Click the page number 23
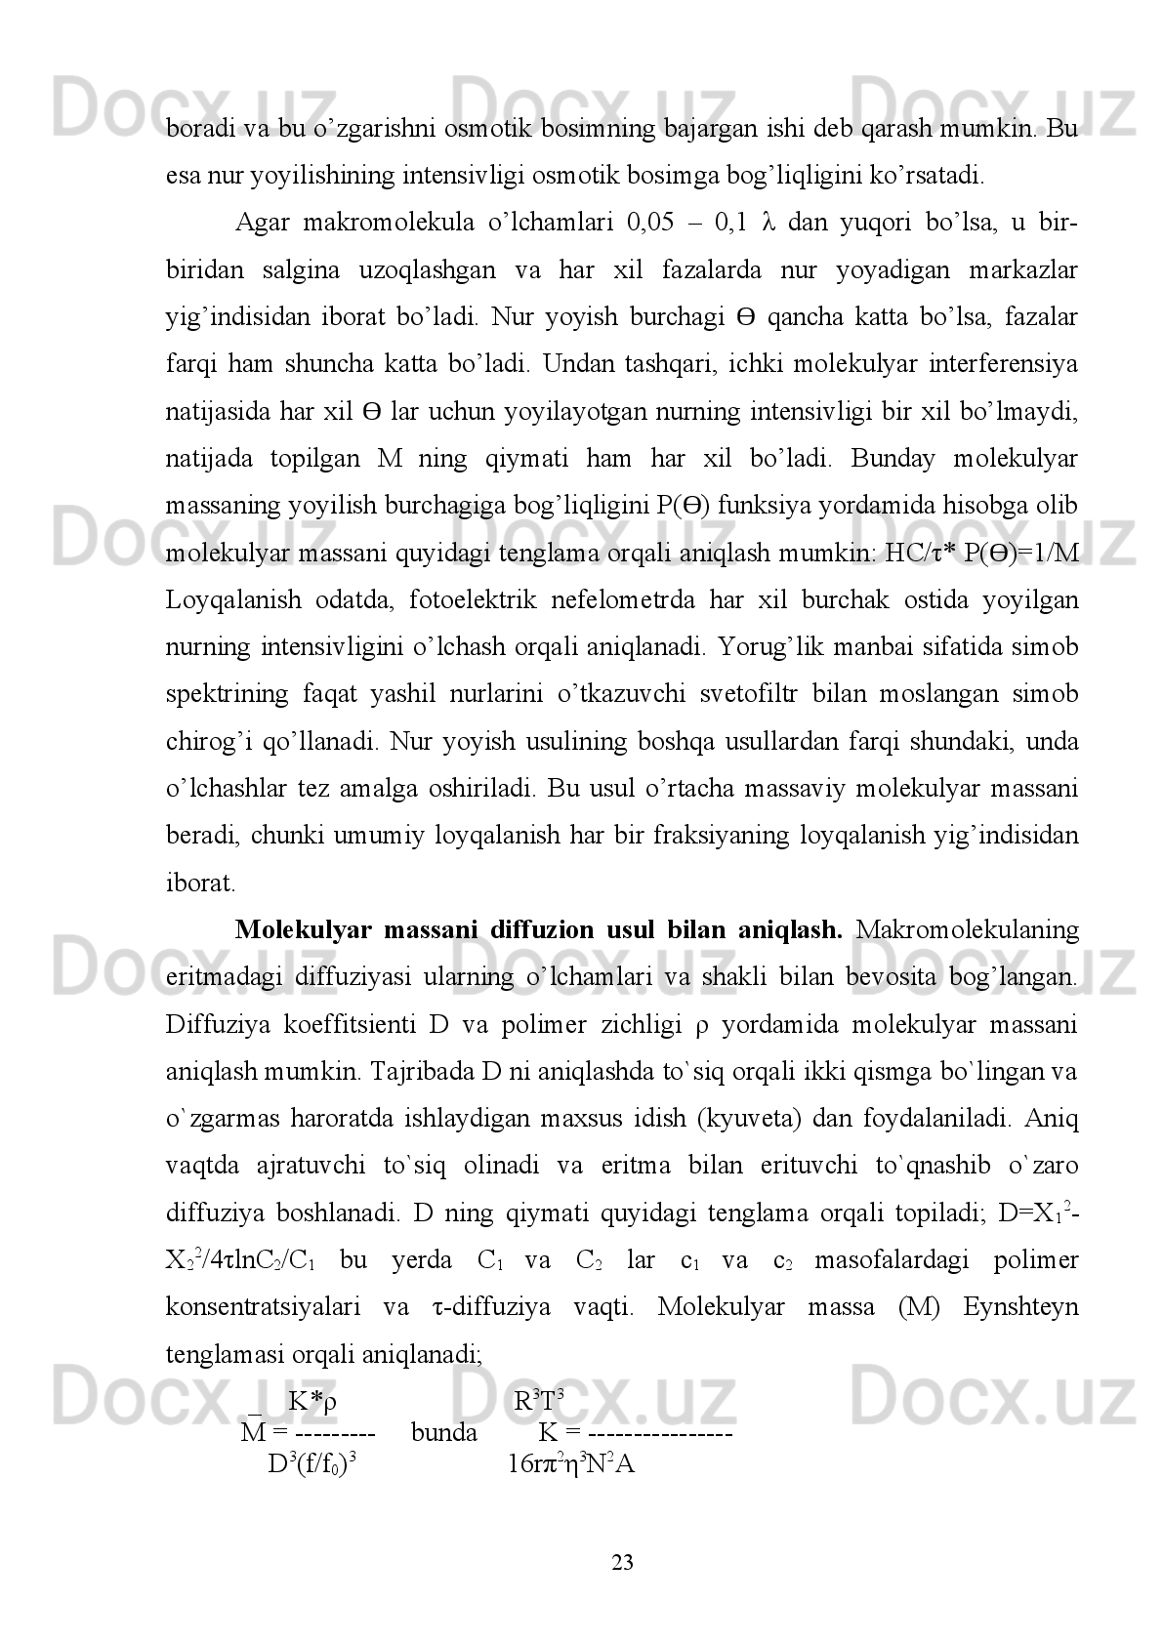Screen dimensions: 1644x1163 pyautogui.click(x=622, y=1562)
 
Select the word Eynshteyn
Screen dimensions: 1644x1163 pyautogui.click(x=1020, y=1306)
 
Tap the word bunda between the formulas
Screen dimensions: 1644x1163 pyautogui.click(x=444, y=1432)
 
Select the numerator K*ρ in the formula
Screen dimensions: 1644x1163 pyautogui.click(x=312, y=1402)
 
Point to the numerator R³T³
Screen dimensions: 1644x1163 pyautogui.click(x=539, y=1402)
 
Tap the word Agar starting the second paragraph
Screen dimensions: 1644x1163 pyautogui.click(x=262, y=223)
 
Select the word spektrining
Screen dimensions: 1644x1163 pyautogui.click(x=227, y=694)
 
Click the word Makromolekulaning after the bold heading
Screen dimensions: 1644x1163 pyautogui.click(x=967, y=929)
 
